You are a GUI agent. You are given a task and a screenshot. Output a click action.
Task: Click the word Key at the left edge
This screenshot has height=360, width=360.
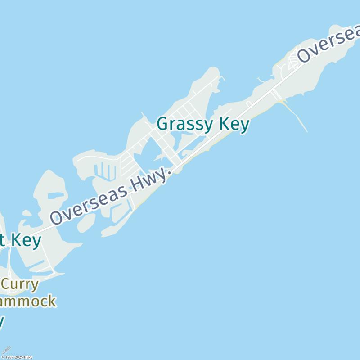tap(26, 240)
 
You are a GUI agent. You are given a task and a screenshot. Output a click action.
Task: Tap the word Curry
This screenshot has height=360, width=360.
tap(20, 284)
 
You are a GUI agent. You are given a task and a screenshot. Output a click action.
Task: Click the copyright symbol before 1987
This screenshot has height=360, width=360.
tap(3, 357)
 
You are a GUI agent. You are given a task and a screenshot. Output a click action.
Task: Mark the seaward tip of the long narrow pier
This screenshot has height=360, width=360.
tap(307, 131)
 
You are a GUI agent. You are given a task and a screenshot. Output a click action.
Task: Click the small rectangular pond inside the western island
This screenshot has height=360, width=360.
tap(56, 196)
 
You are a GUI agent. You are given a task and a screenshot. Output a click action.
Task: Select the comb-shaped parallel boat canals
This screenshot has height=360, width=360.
tap(106, 171)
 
